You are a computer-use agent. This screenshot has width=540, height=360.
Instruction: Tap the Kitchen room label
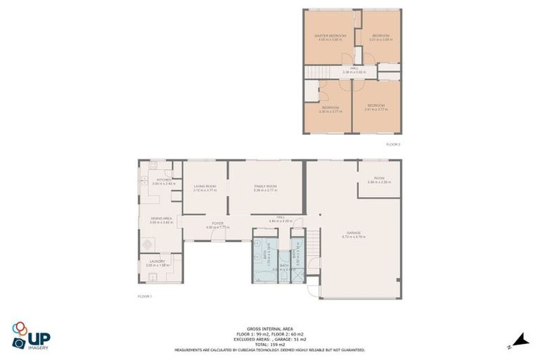click(x=164, y=181)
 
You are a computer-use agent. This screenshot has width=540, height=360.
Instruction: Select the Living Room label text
click(x=205, y=186)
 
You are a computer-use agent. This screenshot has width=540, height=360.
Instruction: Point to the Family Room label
click(x=265, y=186)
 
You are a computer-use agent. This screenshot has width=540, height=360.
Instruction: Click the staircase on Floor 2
click(x=318, y=72)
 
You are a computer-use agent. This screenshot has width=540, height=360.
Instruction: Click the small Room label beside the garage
click(x=379, y=179)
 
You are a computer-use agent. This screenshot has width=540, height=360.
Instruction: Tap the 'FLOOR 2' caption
click(x=393, y=143)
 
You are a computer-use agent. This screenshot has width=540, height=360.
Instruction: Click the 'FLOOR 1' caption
click(x=145, y=297)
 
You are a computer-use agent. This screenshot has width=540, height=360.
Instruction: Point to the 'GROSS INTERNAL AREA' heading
click(x=269, y=328)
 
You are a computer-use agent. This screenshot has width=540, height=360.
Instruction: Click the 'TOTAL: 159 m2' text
click(x=269, y=344)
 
